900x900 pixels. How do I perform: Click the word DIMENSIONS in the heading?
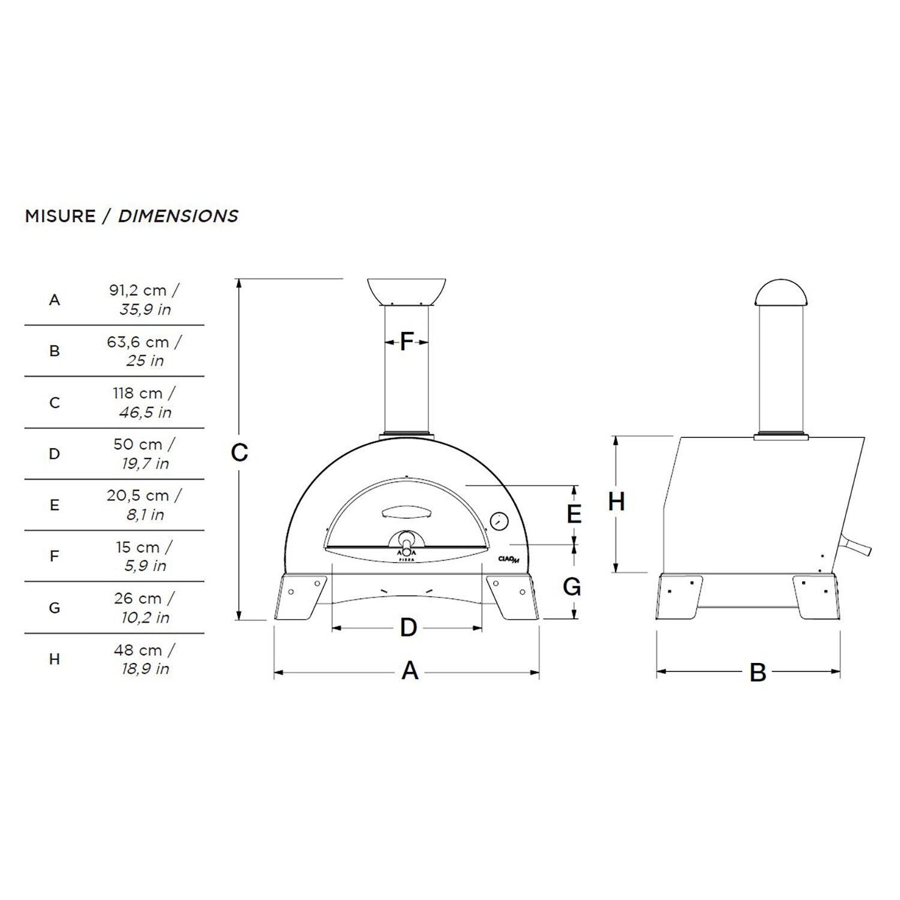tap(178, 216)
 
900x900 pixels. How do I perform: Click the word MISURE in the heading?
tap(60, 216)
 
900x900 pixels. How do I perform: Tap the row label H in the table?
tap(55, 659)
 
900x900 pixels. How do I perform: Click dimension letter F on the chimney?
tap(407, 342)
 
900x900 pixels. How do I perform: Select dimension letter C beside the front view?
tap(239, 453)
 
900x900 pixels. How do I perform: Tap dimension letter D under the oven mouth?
tap(409, 628)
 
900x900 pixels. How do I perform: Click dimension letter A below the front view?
tap(410, 671)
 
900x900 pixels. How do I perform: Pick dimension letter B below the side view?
tap(758, 673)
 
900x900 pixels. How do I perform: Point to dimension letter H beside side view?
tap(616, 502)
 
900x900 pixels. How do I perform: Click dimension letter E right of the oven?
tap(574, 514)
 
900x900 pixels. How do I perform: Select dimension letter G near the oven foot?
tap(572, 587)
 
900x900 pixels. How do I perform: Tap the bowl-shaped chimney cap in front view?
tap(406, 292)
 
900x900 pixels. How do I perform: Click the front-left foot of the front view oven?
tap(299, 597)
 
